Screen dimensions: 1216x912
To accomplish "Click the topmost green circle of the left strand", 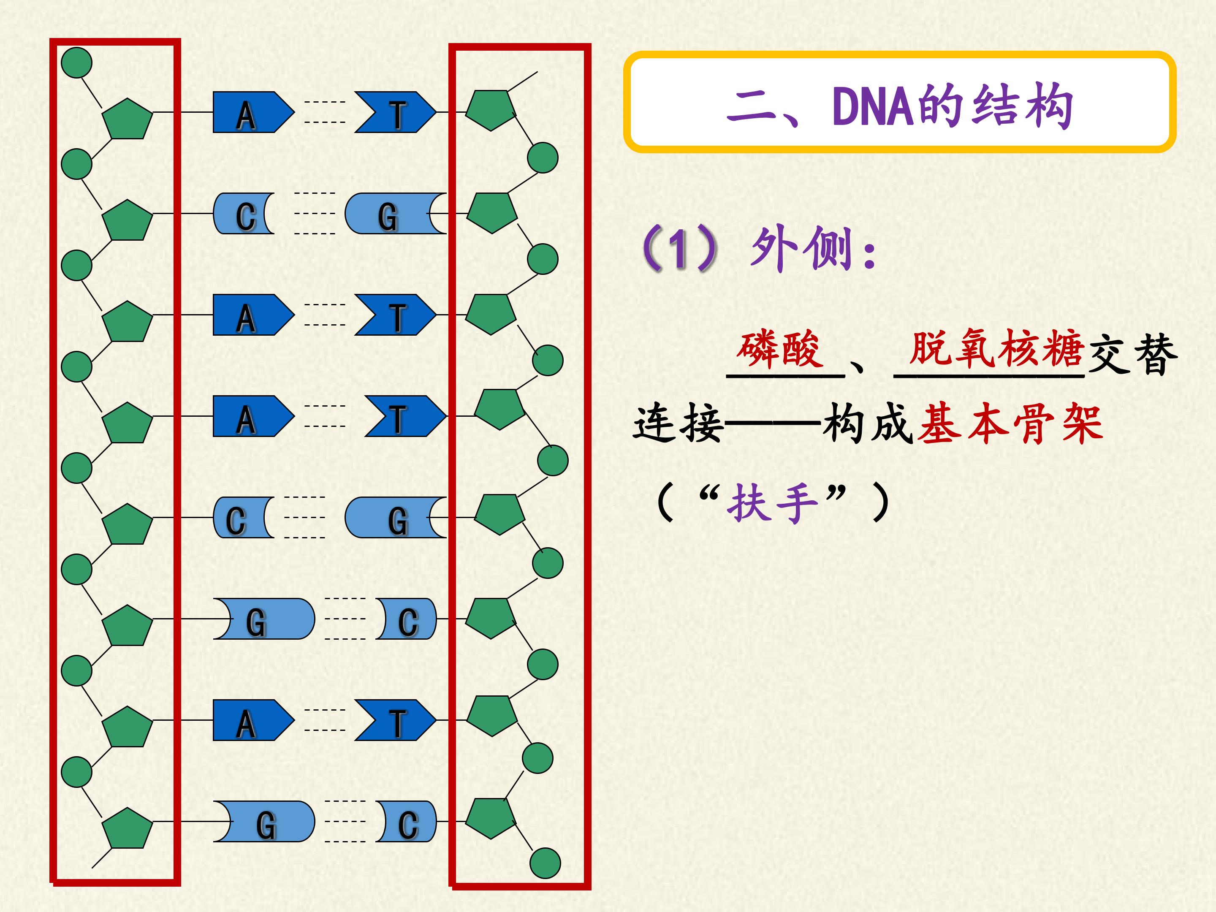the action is pyautogui.click(x=76, y=62).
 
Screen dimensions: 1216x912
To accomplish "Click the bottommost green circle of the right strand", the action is pyautogui.click(x=545, y=863).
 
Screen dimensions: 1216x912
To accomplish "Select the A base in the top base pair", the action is pyautogui.click(x=253, y=113).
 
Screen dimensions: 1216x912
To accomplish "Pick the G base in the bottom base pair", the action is pyautogui.click(x=264, y=821).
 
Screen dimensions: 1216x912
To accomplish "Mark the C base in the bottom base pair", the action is pyautogui.click(x=407, y=821).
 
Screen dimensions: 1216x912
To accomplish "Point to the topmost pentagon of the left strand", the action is pyautogui.click(x=128, y=118).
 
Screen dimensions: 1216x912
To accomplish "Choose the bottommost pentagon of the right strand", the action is pyautogui.click(x=491, y=818).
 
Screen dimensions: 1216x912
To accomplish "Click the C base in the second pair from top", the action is pyautogui.click(x=244, y=214).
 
